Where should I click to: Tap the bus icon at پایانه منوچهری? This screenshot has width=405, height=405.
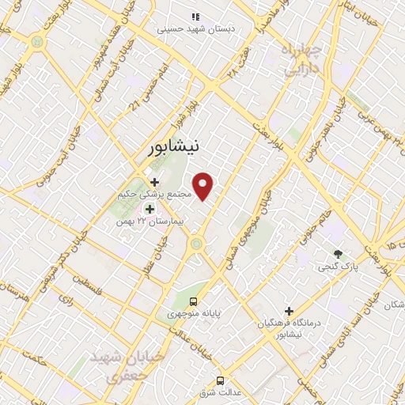point(193,302)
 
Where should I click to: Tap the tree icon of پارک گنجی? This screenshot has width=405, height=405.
point(339,255)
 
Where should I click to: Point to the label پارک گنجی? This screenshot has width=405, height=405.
point(337,267)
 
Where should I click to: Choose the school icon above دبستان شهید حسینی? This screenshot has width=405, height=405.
point(195,17)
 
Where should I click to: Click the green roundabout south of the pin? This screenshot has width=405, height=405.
point(195,244)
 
